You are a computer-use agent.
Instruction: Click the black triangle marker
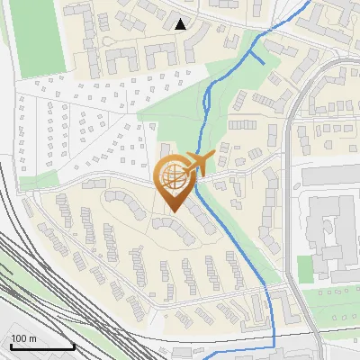click(x=181, y=24)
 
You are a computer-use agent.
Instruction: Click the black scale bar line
click(x=42, y=347)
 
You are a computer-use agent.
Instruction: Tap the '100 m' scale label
click(x=24, y=338)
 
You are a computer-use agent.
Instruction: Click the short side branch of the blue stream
click(x=256, y=57)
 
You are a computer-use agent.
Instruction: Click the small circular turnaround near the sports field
click(x=110, y=42)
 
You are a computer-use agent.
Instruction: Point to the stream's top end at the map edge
click(x=310, y=2)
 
